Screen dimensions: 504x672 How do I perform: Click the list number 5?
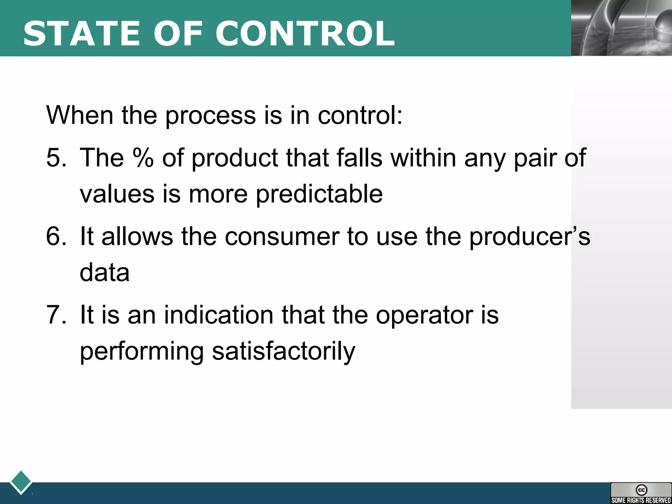(56, 158)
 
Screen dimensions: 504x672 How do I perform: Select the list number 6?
(56, 236)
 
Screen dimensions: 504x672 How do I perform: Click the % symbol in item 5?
(143, 158)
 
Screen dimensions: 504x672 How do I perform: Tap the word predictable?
(319, 194)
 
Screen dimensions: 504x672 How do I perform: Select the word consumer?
(282, 237)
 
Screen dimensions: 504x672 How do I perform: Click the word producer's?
(530, 237)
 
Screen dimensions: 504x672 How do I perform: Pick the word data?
(105, 273)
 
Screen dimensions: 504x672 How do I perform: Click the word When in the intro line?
(80, 115)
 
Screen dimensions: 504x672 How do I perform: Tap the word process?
(210, 116)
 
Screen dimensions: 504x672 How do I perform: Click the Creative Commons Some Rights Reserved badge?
(641, 493)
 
